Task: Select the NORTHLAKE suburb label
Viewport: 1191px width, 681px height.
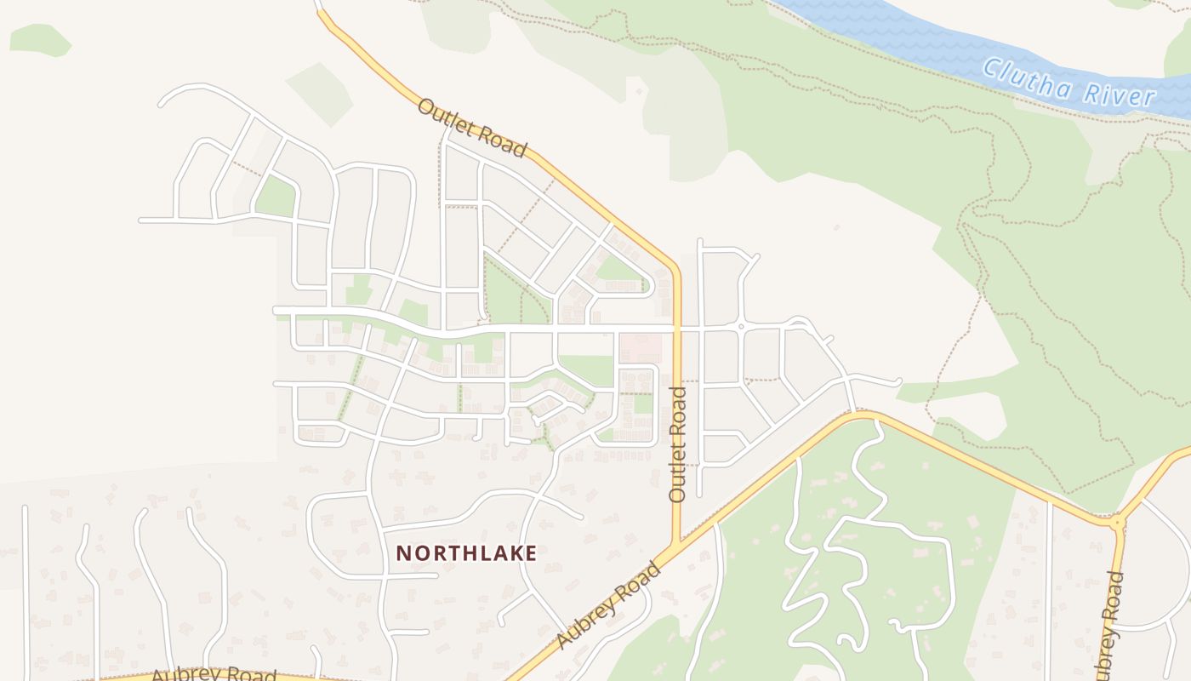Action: click(466, 553)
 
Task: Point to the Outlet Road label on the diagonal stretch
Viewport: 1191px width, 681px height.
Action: click(471, 129)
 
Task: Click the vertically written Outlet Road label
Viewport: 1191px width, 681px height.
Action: click(677, 444)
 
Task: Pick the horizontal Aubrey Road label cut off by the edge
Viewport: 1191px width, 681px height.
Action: click(214, 674)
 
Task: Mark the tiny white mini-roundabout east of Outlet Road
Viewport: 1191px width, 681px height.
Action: click(741, 326)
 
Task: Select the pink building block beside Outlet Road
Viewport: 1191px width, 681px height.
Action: click(641, 347)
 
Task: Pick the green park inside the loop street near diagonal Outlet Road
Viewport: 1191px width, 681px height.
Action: click(618, 272)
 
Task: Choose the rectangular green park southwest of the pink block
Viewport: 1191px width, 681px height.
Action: click(587, 369)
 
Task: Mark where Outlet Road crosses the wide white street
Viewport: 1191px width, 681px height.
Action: click(677, 326)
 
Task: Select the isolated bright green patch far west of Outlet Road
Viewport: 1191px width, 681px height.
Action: click(39, 39)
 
